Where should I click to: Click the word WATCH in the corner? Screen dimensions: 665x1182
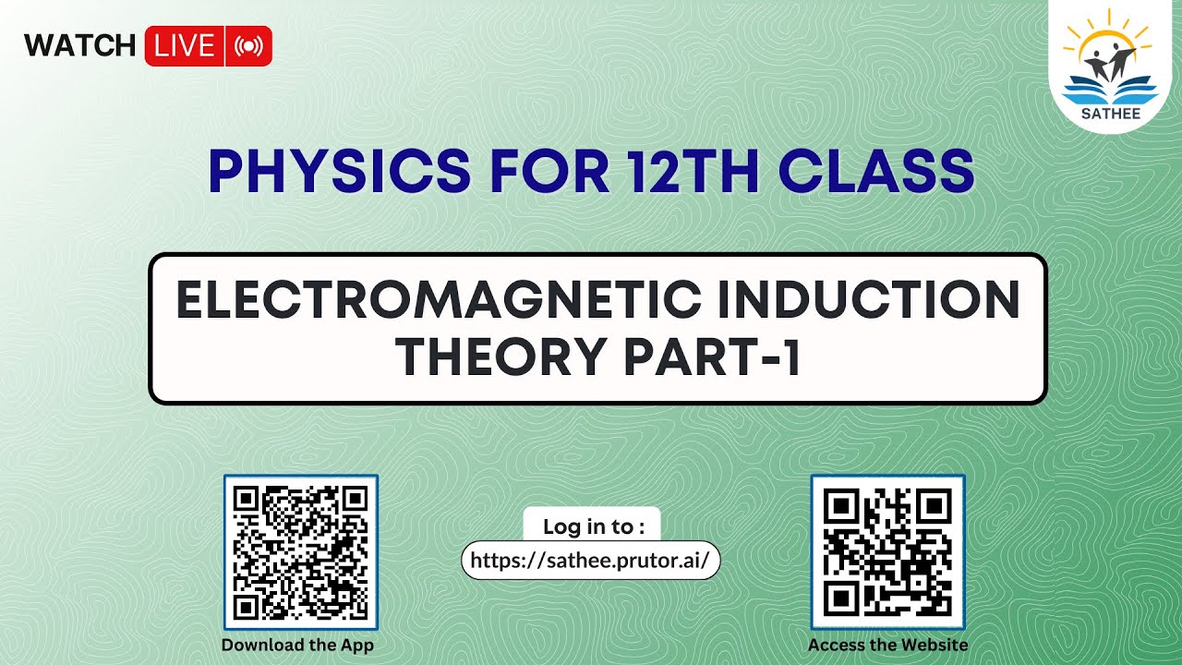pyautogui.click(x=79, y=45)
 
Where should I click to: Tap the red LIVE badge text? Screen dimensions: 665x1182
pyautogui.click(x=185, y=46)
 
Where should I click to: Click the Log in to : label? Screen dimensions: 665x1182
pyautogui.click(x=592, y=526)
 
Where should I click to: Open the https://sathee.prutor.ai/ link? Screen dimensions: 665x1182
pyautogui.click(x=590, y=561)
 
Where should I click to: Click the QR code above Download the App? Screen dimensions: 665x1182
pyautogui.click(x=301, y=551)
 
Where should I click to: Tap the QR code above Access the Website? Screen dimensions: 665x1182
pyautogui.click(x=887, y=551)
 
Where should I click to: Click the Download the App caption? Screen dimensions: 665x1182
pyautogui.click(x=297, y=645)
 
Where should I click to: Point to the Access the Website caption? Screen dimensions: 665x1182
pyautogui.click(x=887, y=645)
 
